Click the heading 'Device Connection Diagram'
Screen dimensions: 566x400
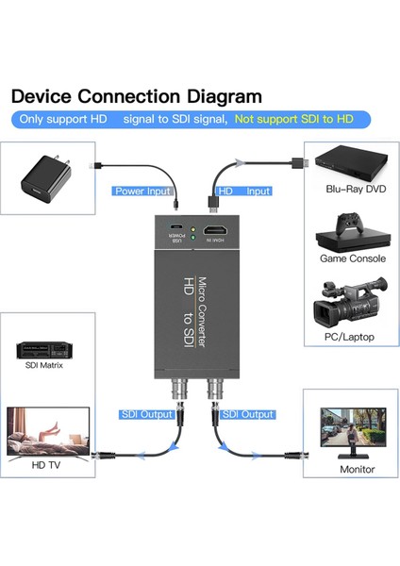[x=136, y=96]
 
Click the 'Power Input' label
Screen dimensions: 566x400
[x=143, y=191]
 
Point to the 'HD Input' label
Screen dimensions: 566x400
[x=244, y=191]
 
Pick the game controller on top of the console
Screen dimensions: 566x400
[x=350, y=225]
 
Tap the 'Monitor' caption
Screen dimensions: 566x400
[x=357, y=469]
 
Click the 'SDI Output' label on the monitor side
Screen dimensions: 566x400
[x=246, y=414]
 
